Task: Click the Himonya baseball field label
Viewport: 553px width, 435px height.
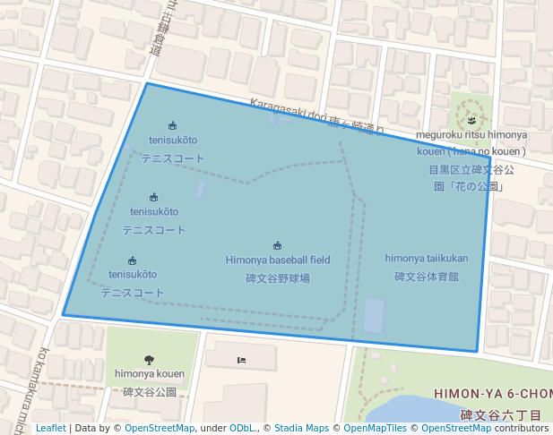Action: click(278, 260)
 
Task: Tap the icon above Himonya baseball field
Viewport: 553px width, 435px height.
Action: click(277, 245)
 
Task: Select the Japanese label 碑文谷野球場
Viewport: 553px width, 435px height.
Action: click(278, 278)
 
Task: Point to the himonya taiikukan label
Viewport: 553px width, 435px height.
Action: click(427, 259)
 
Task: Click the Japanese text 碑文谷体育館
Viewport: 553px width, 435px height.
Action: click(427, 277)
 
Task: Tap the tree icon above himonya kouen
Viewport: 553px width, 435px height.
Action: click(149, 359)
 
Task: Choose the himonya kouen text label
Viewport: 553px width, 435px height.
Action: click(150, 373)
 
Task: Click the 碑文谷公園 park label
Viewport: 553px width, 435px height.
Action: click(150, 391)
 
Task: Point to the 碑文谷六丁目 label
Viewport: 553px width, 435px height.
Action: click(501, 415)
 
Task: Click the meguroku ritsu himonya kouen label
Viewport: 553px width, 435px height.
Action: click(471, 142)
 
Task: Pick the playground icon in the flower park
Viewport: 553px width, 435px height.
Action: click(471, 118)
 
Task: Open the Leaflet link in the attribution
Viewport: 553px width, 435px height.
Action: click(51, 429)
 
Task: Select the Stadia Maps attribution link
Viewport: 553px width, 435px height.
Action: click(301, 429)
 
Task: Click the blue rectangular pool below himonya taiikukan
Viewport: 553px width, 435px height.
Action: click(374, 316)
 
